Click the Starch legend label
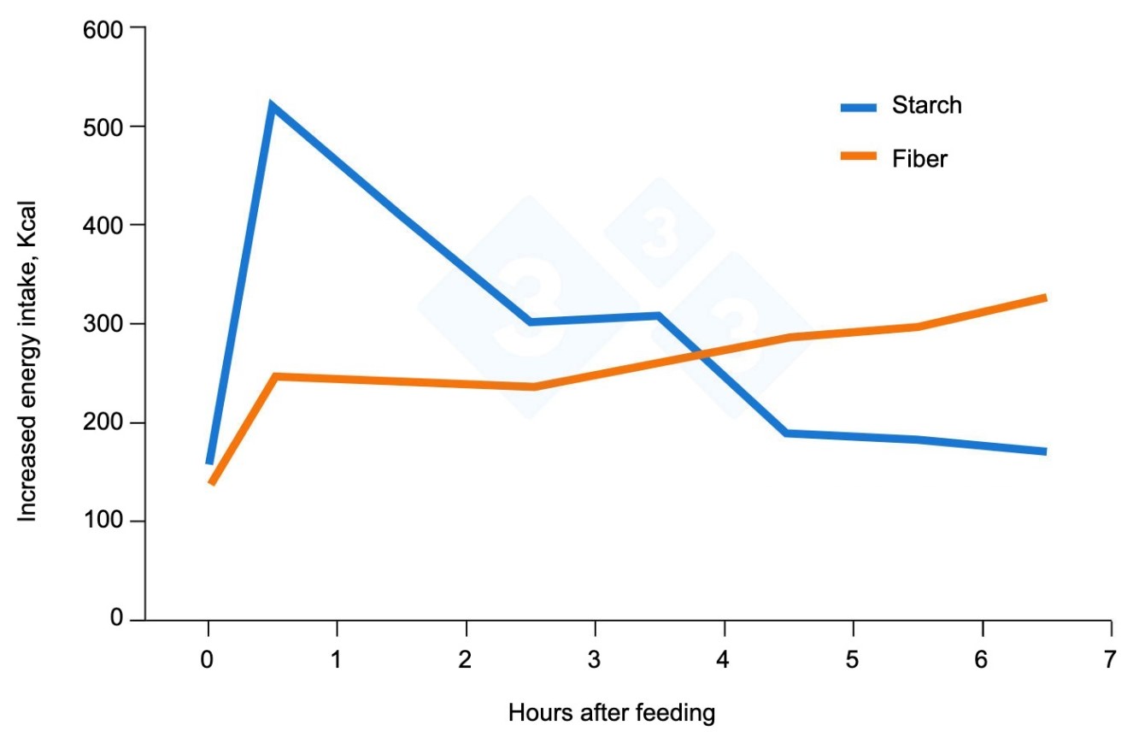(x=926, y=105)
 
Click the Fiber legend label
(x=919, y=158)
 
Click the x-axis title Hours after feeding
(x=611, y=712)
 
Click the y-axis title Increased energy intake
(x=27, y=368)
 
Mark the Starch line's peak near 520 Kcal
(x=272, y=106)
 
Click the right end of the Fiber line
(x=1044, y=298)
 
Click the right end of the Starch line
(x=1044, y=451)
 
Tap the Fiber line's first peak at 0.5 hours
(x=274, y=376)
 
